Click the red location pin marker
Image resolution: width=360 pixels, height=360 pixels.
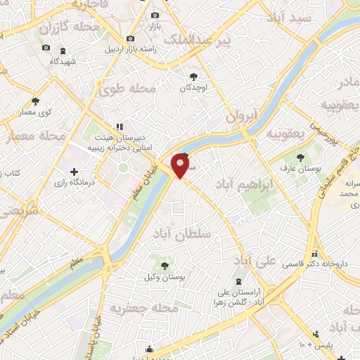click(x=181, y=166)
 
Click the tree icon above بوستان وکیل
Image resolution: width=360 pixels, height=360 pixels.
click(x=165, y=266)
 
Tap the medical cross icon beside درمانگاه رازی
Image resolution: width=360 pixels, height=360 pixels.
click(x=74, y=172)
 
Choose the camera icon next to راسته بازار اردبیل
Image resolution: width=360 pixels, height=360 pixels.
click(x=130, y=38)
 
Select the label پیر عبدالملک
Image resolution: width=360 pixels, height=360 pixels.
click(x=196, y=41)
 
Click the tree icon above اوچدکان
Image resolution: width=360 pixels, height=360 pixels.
click(x=194, y=76)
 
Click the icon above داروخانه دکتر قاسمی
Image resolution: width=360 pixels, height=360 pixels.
click(x=314, y=254)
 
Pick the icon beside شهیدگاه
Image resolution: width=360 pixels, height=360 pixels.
click(x=63, y=51)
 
